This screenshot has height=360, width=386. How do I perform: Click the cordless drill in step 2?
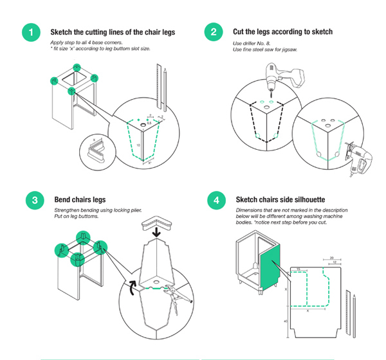pyautogui.click(x=281, y=77)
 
